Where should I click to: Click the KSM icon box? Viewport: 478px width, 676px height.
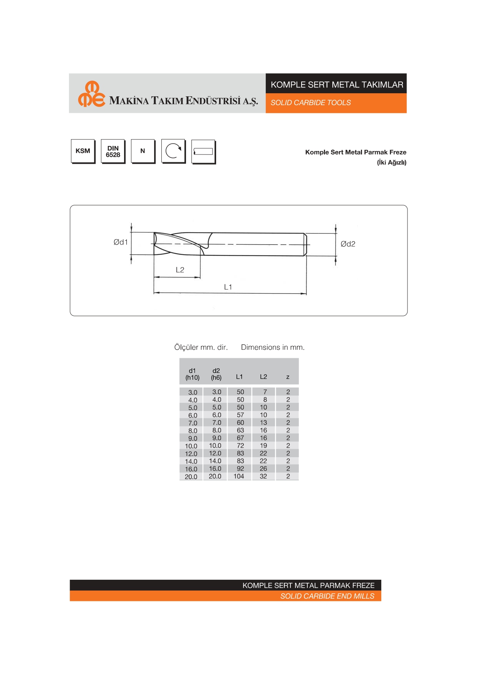83,151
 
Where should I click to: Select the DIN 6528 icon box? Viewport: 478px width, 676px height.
113,151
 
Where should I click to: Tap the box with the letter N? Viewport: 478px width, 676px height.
143,151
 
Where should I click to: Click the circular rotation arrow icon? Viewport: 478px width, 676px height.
173,151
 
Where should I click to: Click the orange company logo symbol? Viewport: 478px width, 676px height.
91,94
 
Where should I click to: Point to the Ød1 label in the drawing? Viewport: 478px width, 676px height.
121,242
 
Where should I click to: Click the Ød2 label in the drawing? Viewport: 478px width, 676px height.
348,244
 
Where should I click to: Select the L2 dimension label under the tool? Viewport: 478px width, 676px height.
180,270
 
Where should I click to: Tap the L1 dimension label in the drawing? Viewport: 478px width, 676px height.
228,287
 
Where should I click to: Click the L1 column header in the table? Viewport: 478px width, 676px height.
240,377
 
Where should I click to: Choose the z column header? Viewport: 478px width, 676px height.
288,377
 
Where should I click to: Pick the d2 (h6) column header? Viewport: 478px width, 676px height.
216,374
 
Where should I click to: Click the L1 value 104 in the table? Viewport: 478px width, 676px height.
239,476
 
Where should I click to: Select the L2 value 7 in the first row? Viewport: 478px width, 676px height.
265,392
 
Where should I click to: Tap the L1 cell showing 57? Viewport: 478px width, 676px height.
240,415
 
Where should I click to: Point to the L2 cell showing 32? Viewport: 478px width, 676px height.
263,476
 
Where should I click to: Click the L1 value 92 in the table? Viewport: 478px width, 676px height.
240,469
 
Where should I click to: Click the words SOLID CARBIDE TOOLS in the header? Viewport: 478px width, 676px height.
310,103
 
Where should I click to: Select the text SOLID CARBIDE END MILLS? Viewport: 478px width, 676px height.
327,596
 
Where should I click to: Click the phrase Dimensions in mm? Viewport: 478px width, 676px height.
273,347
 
